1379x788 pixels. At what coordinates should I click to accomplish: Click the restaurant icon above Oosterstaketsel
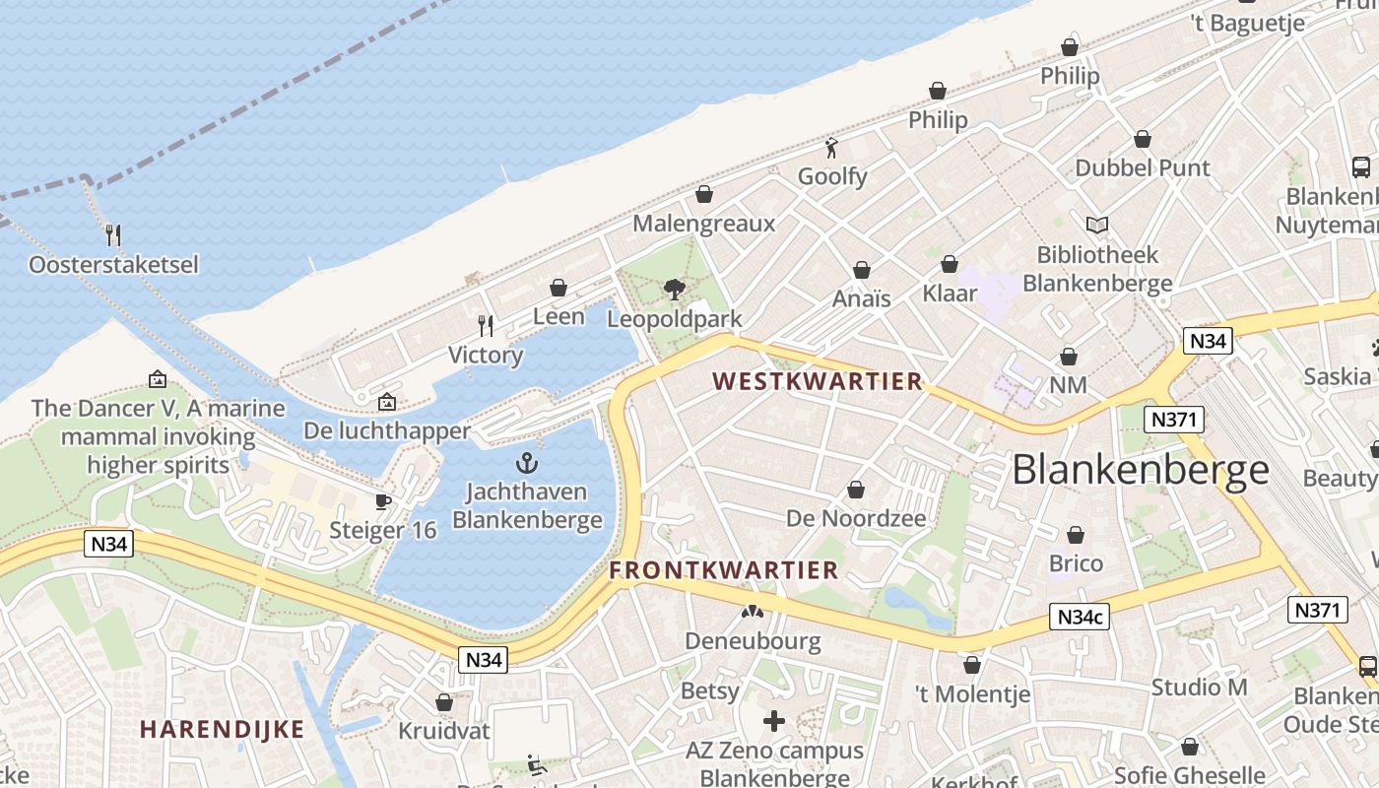point(113,234)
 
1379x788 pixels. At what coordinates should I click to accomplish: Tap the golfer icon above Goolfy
point(832,149)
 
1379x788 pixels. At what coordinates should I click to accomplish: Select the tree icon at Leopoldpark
point(675,289)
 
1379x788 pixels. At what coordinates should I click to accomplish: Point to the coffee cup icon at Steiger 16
point(383,501)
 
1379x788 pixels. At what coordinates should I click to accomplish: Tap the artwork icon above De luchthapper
point(387,402)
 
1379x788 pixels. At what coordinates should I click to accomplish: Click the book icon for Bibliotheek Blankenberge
point(1096,226)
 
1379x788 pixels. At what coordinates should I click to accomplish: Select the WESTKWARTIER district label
point(817,381)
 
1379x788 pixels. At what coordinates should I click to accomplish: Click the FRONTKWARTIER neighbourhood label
point(723,570)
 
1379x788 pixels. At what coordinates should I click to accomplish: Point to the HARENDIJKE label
point(222,730)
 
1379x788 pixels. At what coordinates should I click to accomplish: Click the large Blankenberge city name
point(1141,470)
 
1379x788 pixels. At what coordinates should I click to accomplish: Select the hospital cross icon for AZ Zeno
point(774,721)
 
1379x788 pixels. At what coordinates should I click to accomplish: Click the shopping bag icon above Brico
point(1076,535)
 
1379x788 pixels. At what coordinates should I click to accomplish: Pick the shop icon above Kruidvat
point(444,702)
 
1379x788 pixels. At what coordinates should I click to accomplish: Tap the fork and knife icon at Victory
point(485,325)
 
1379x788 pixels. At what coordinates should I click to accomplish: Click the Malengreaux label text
point(703,224)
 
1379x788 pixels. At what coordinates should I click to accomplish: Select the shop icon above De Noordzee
point(856,490)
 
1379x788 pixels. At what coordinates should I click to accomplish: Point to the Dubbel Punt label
point(1143,168)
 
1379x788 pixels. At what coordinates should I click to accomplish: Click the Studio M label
point(1199,688)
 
